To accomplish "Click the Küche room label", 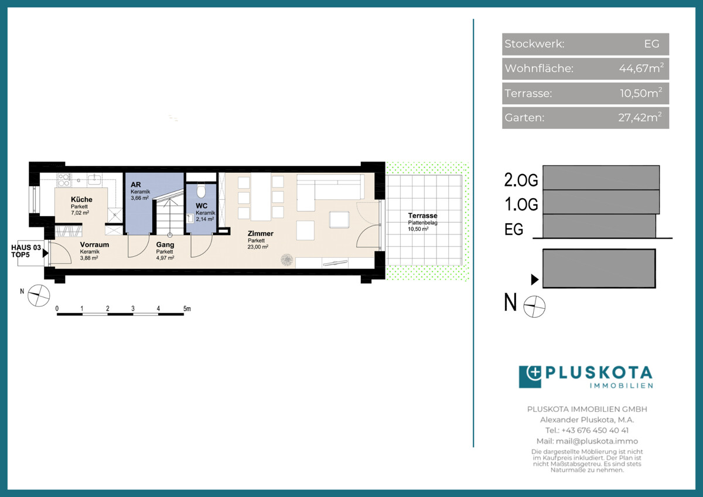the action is click(81, 199).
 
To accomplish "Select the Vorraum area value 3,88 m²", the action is click(89, 258).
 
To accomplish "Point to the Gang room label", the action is click(165, 244).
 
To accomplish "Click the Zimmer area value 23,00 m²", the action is click(258, 247).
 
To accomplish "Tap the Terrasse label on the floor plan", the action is click(422, 216).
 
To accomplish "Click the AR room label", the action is click(136, 185).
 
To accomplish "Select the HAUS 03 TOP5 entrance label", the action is click(26, 251).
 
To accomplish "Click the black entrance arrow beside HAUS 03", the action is click(46, 253).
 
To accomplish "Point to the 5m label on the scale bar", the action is click(187, 309).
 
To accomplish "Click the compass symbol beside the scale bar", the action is click(39, 295).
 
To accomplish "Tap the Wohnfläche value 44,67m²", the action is click(641, 68).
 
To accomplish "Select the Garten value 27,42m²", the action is click(640, 117).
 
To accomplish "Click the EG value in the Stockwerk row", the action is click(651, 43).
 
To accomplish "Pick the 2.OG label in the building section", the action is click(521, 180).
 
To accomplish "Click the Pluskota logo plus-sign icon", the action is click(530, 377).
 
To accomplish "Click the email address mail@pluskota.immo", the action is click(597, 441).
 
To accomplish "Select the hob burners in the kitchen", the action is click(64, 180).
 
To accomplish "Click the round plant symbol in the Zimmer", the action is click(286, 260).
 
